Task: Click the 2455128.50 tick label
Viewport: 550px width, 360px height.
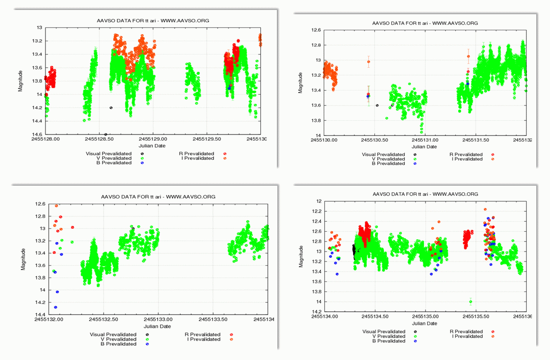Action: coord(99,139)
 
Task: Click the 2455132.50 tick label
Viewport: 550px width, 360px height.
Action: coord(103,320)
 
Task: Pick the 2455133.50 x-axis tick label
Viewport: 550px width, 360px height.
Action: coord(213,320)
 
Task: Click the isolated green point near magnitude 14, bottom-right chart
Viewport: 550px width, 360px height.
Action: coord(470,302)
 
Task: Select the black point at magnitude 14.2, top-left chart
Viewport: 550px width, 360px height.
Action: coord(111,108)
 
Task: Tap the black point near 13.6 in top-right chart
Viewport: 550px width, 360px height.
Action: coord(377,105)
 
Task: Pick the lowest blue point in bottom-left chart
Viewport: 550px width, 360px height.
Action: coord(55,307)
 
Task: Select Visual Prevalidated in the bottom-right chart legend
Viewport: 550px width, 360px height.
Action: coord(384,332)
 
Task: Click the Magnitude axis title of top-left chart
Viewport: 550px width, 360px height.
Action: coord(21,81)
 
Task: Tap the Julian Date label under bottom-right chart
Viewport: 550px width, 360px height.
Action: coord(425,324)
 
